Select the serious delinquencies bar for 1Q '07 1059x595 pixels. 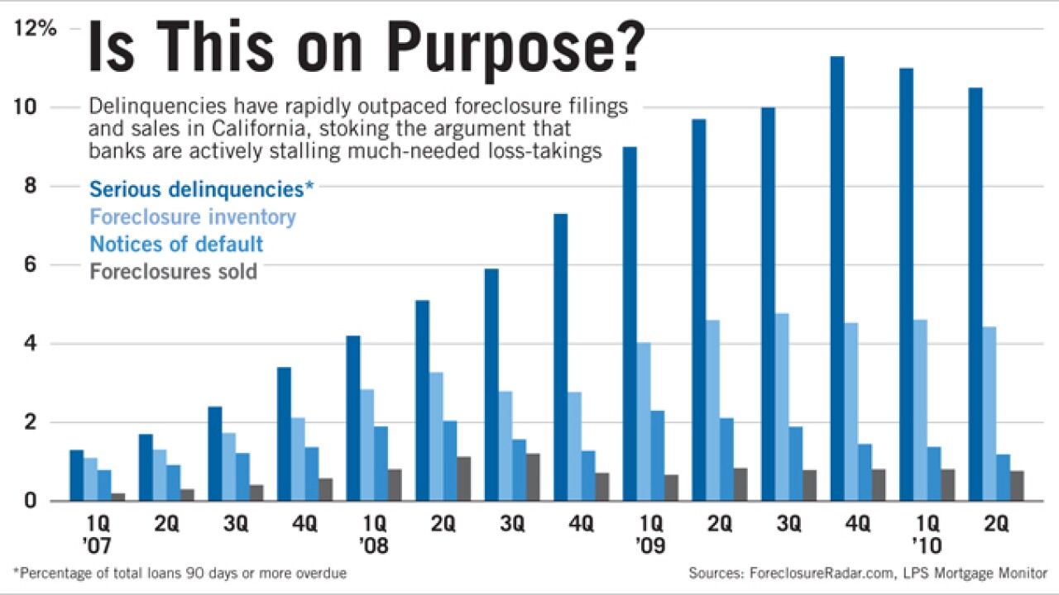pos(76,475)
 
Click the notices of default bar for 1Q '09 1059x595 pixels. pos(657,455)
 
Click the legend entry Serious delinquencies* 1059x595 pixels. pos(201,188)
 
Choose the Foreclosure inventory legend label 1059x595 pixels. pos(192,217)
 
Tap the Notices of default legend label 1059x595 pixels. pos(176,244)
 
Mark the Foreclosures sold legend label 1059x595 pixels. pos(173,271)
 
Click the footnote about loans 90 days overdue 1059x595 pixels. pos(180,573)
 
